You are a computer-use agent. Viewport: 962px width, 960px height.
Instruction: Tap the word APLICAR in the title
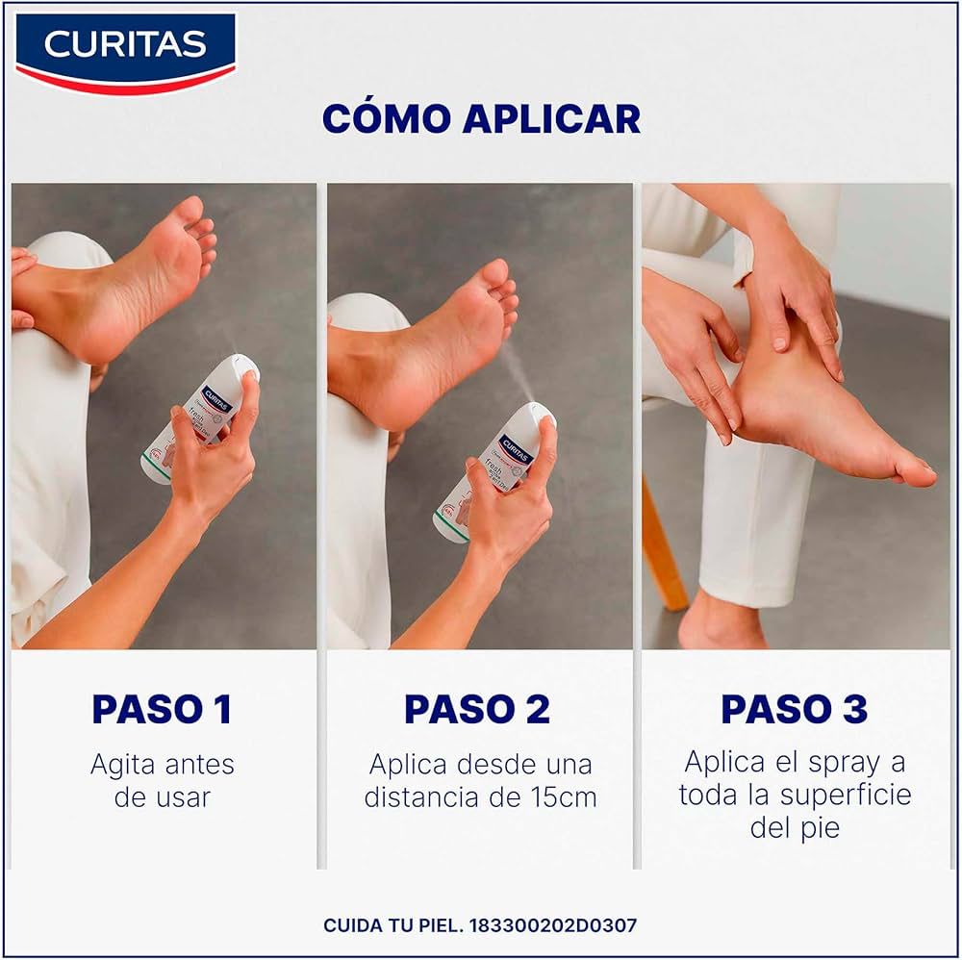(x=551, y=118)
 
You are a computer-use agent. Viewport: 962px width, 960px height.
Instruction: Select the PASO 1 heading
(x=162, y=709)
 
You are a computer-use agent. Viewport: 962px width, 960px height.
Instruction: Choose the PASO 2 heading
(x=477, y=709)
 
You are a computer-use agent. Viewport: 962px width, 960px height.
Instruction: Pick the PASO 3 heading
(x=795, y=709)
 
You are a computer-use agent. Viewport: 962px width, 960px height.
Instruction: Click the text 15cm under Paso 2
(x=565, y=797)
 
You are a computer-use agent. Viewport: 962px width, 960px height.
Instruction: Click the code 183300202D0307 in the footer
(x=552, y=925)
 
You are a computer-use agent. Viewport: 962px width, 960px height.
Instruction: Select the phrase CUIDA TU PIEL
(x=393, y=925)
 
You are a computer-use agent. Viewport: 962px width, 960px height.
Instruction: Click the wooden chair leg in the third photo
(x=664, y=548)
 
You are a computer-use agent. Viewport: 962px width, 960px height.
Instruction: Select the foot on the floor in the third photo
(x=721, y=625)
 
